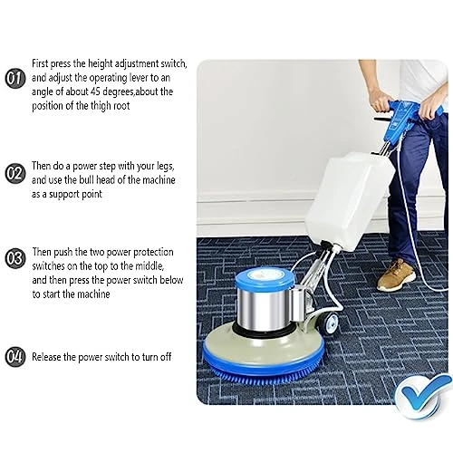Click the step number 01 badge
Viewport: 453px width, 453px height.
[x=14, y=78]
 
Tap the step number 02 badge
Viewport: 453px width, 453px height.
[x=14, y=174]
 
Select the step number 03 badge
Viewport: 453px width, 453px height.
[x=14, y=258]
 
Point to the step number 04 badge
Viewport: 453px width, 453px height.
[x=14, y=356]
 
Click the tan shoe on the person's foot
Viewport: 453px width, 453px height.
[x=396, y=275]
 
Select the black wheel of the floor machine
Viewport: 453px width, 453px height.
[x=329, y=323]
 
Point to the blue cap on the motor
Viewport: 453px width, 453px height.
[x=265, y=278]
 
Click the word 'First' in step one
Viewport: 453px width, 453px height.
[x=40, y=63]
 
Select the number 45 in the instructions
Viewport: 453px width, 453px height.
[x=95, y=92]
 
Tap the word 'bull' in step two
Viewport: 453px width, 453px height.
[x=86, y=179]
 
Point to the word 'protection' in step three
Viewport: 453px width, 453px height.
[x=153, y=252]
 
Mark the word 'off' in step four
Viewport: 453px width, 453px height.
[x=166, y=357]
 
